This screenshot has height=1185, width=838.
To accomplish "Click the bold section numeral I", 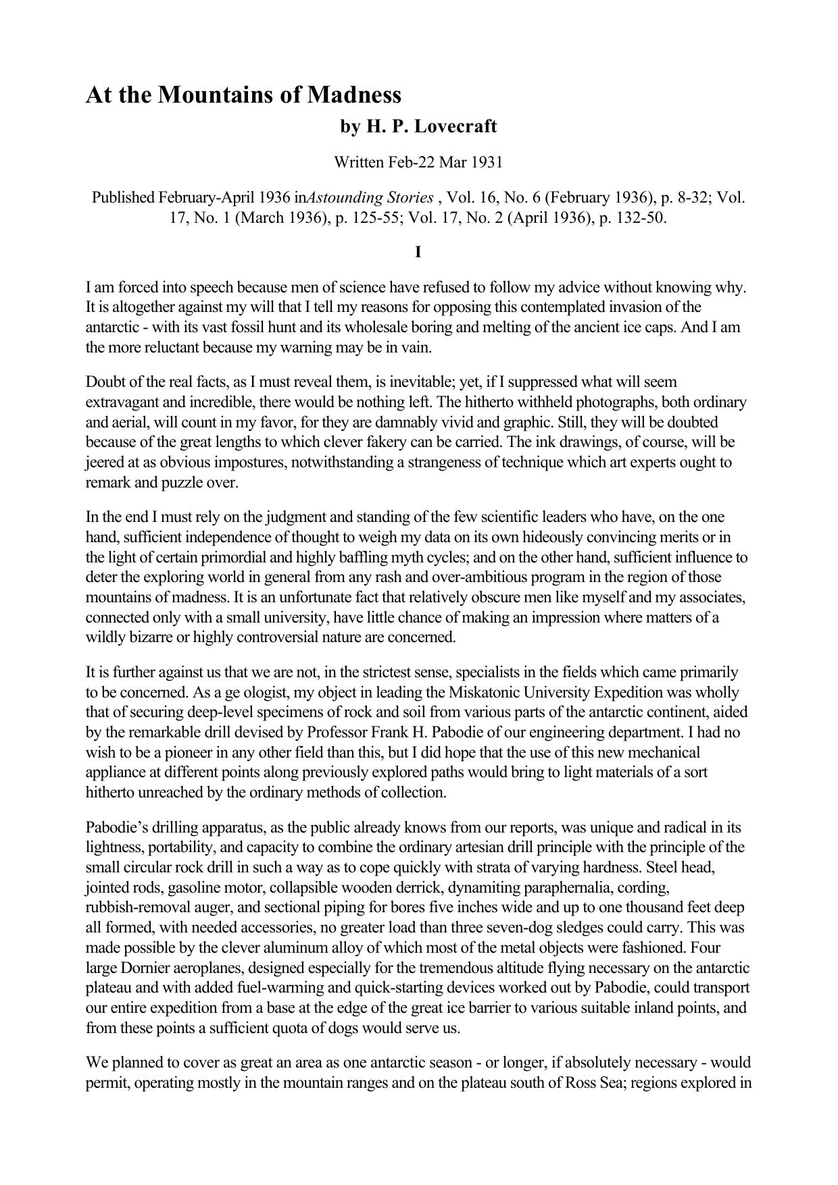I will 418,253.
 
